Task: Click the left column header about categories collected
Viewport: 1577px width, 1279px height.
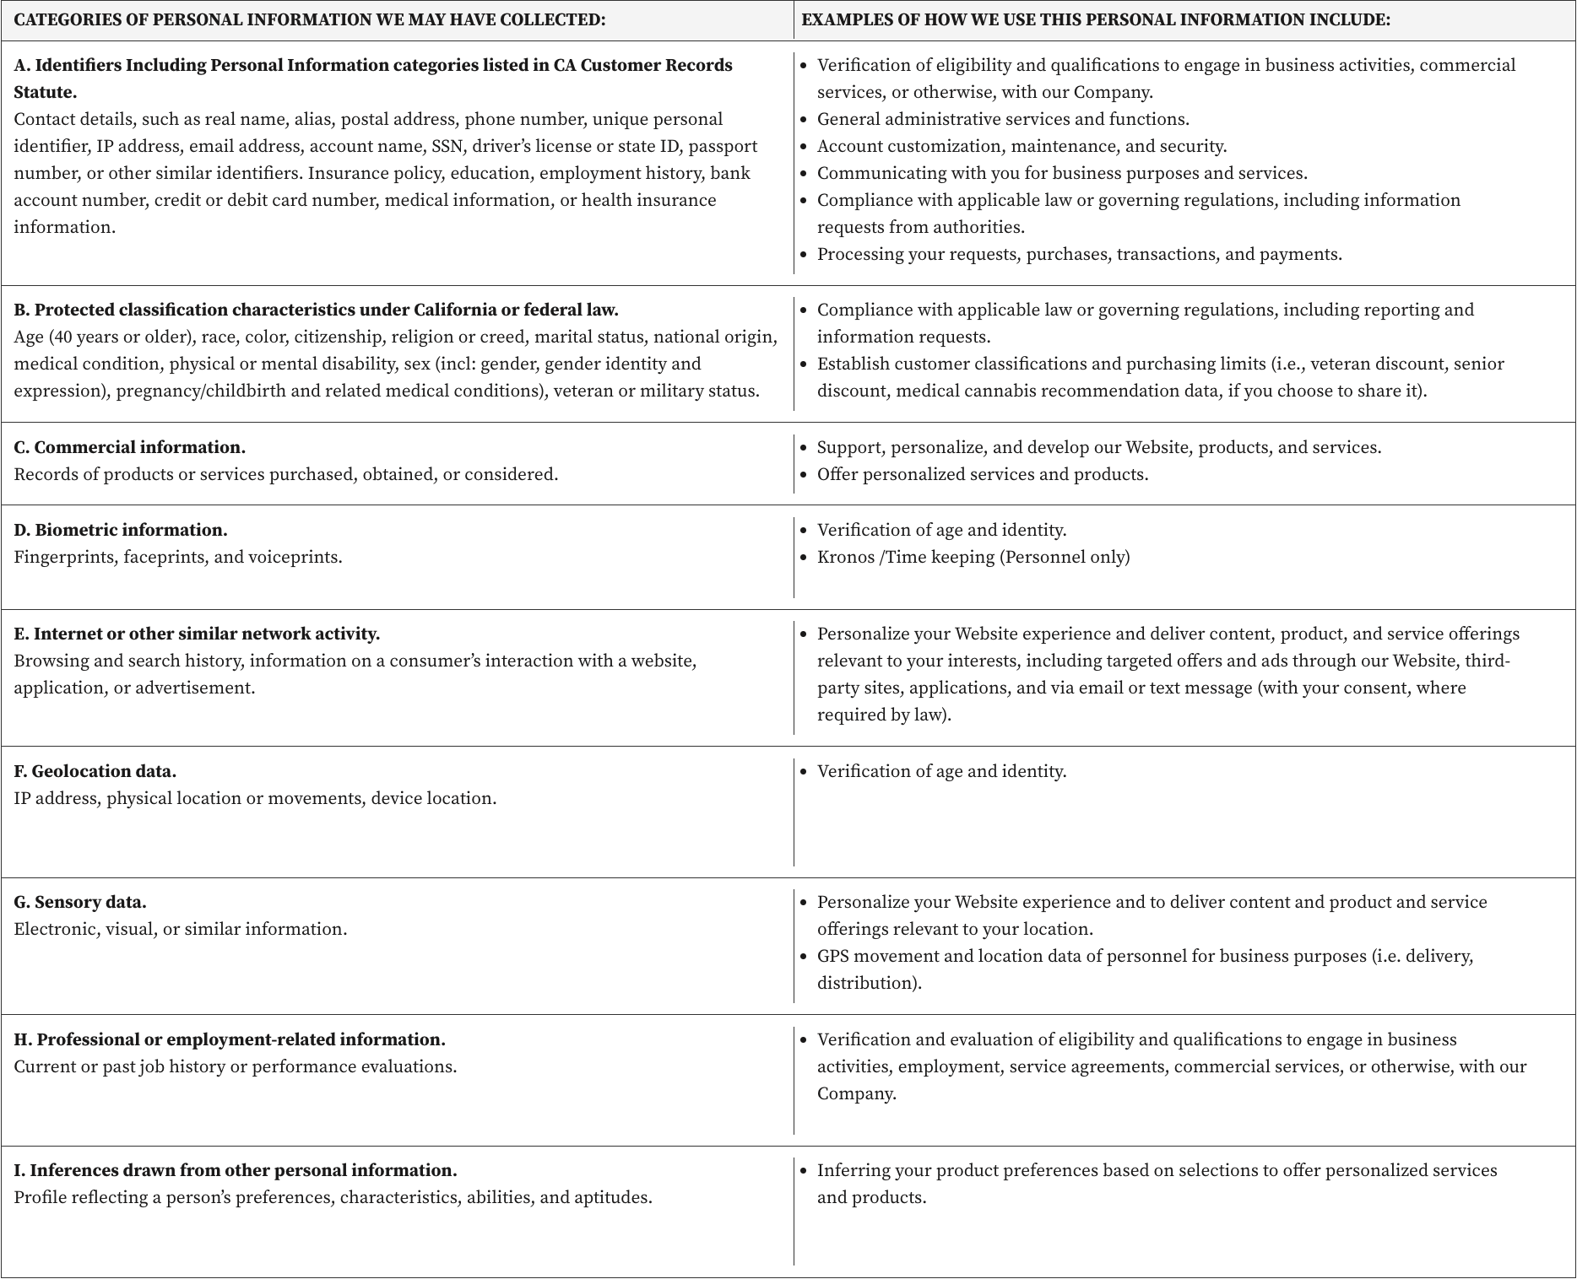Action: click(x=310, y=20)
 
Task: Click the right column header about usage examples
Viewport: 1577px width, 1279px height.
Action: click(x=1096, y=20)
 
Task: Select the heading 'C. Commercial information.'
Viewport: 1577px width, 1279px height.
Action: click(x=130, y=447)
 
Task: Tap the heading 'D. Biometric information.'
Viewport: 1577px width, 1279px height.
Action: click(x=121, y=530)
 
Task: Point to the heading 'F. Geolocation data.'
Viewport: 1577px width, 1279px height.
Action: click(x=95, y=771)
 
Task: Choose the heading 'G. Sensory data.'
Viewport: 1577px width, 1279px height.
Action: click(x=80, y=902)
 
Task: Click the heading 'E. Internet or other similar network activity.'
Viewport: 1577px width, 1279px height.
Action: click(x=197, y=634)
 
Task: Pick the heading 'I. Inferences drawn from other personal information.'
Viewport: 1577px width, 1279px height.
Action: click(x=236, y=1170)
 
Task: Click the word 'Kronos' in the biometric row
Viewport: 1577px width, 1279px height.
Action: click(x=846, y=557)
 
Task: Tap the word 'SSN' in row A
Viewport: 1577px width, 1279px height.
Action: click(x=447, y=146)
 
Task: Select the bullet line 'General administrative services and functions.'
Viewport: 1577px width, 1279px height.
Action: click(x=1003, y=119)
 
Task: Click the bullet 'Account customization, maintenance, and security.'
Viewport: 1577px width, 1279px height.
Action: click(x=1022, y=146)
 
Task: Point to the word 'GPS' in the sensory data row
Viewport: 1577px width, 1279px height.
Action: click(x=834, y=956)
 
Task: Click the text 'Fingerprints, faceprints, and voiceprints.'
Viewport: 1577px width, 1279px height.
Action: click(x=178, y=557)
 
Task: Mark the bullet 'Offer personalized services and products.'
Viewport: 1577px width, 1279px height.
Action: click(x=983, y=474)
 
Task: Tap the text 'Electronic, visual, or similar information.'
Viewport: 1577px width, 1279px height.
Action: click(x=181, y=929)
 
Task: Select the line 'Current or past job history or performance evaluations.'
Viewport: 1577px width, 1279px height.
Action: click(x=236, y=1066)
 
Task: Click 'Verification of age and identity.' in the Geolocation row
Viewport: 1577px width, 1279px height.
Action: click(x=941, y=771)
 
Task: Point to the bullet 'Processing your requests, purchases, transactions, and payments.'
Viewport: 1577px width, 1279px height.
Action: click(x=1079, y=254)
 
